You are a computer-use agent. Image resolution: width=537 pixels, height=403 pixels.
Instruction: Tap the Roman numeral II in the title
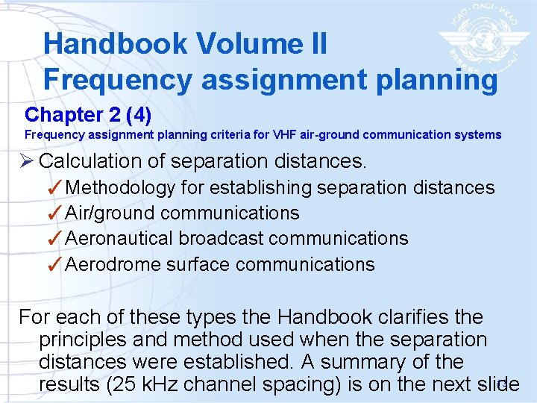coord(316,44)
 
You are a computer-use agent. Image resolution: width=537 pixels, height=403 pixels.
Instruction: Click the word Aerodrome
coord(113,265)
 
